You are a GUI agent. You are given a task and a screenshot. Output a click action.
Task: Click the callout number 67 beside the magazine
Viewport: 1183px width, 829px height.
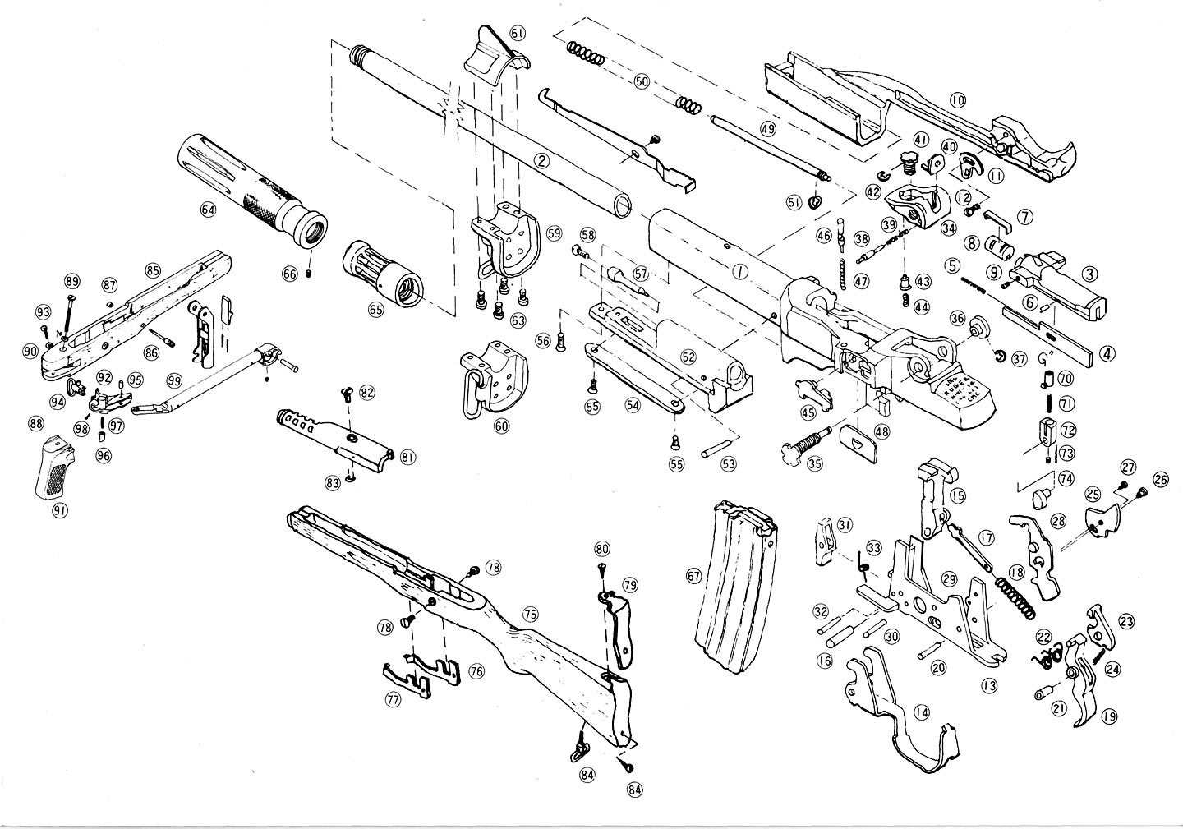(x=694, y=577)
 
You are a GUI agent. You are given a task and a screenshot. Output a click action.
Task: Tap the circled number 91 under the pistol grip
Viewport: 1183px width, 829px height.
(x=59, y=510)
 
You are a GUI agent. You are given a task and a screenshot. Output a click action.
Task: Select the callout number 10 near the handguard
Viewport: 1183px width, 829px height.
(x=958, y=100)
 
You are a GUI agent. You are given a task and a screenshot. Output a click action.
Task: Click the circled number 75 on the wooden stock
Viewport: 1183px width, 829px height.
(x=530, y=614)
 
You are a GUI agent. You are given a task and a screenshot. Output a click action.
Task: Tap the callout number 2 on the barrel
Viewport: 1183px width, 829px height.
(x=541, y=161)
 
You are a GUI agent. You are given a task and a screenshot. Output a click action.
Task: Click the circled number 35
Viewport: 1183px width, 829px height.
(x=814, y=463)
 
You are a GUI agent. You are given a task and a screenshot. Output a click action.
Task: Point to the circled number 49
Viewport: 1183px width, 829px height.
(x=767, y=129)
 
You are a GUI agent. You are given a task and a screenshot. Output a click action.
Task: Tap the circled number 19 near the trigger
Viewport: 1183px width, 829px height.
(x=1110, y=716)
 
